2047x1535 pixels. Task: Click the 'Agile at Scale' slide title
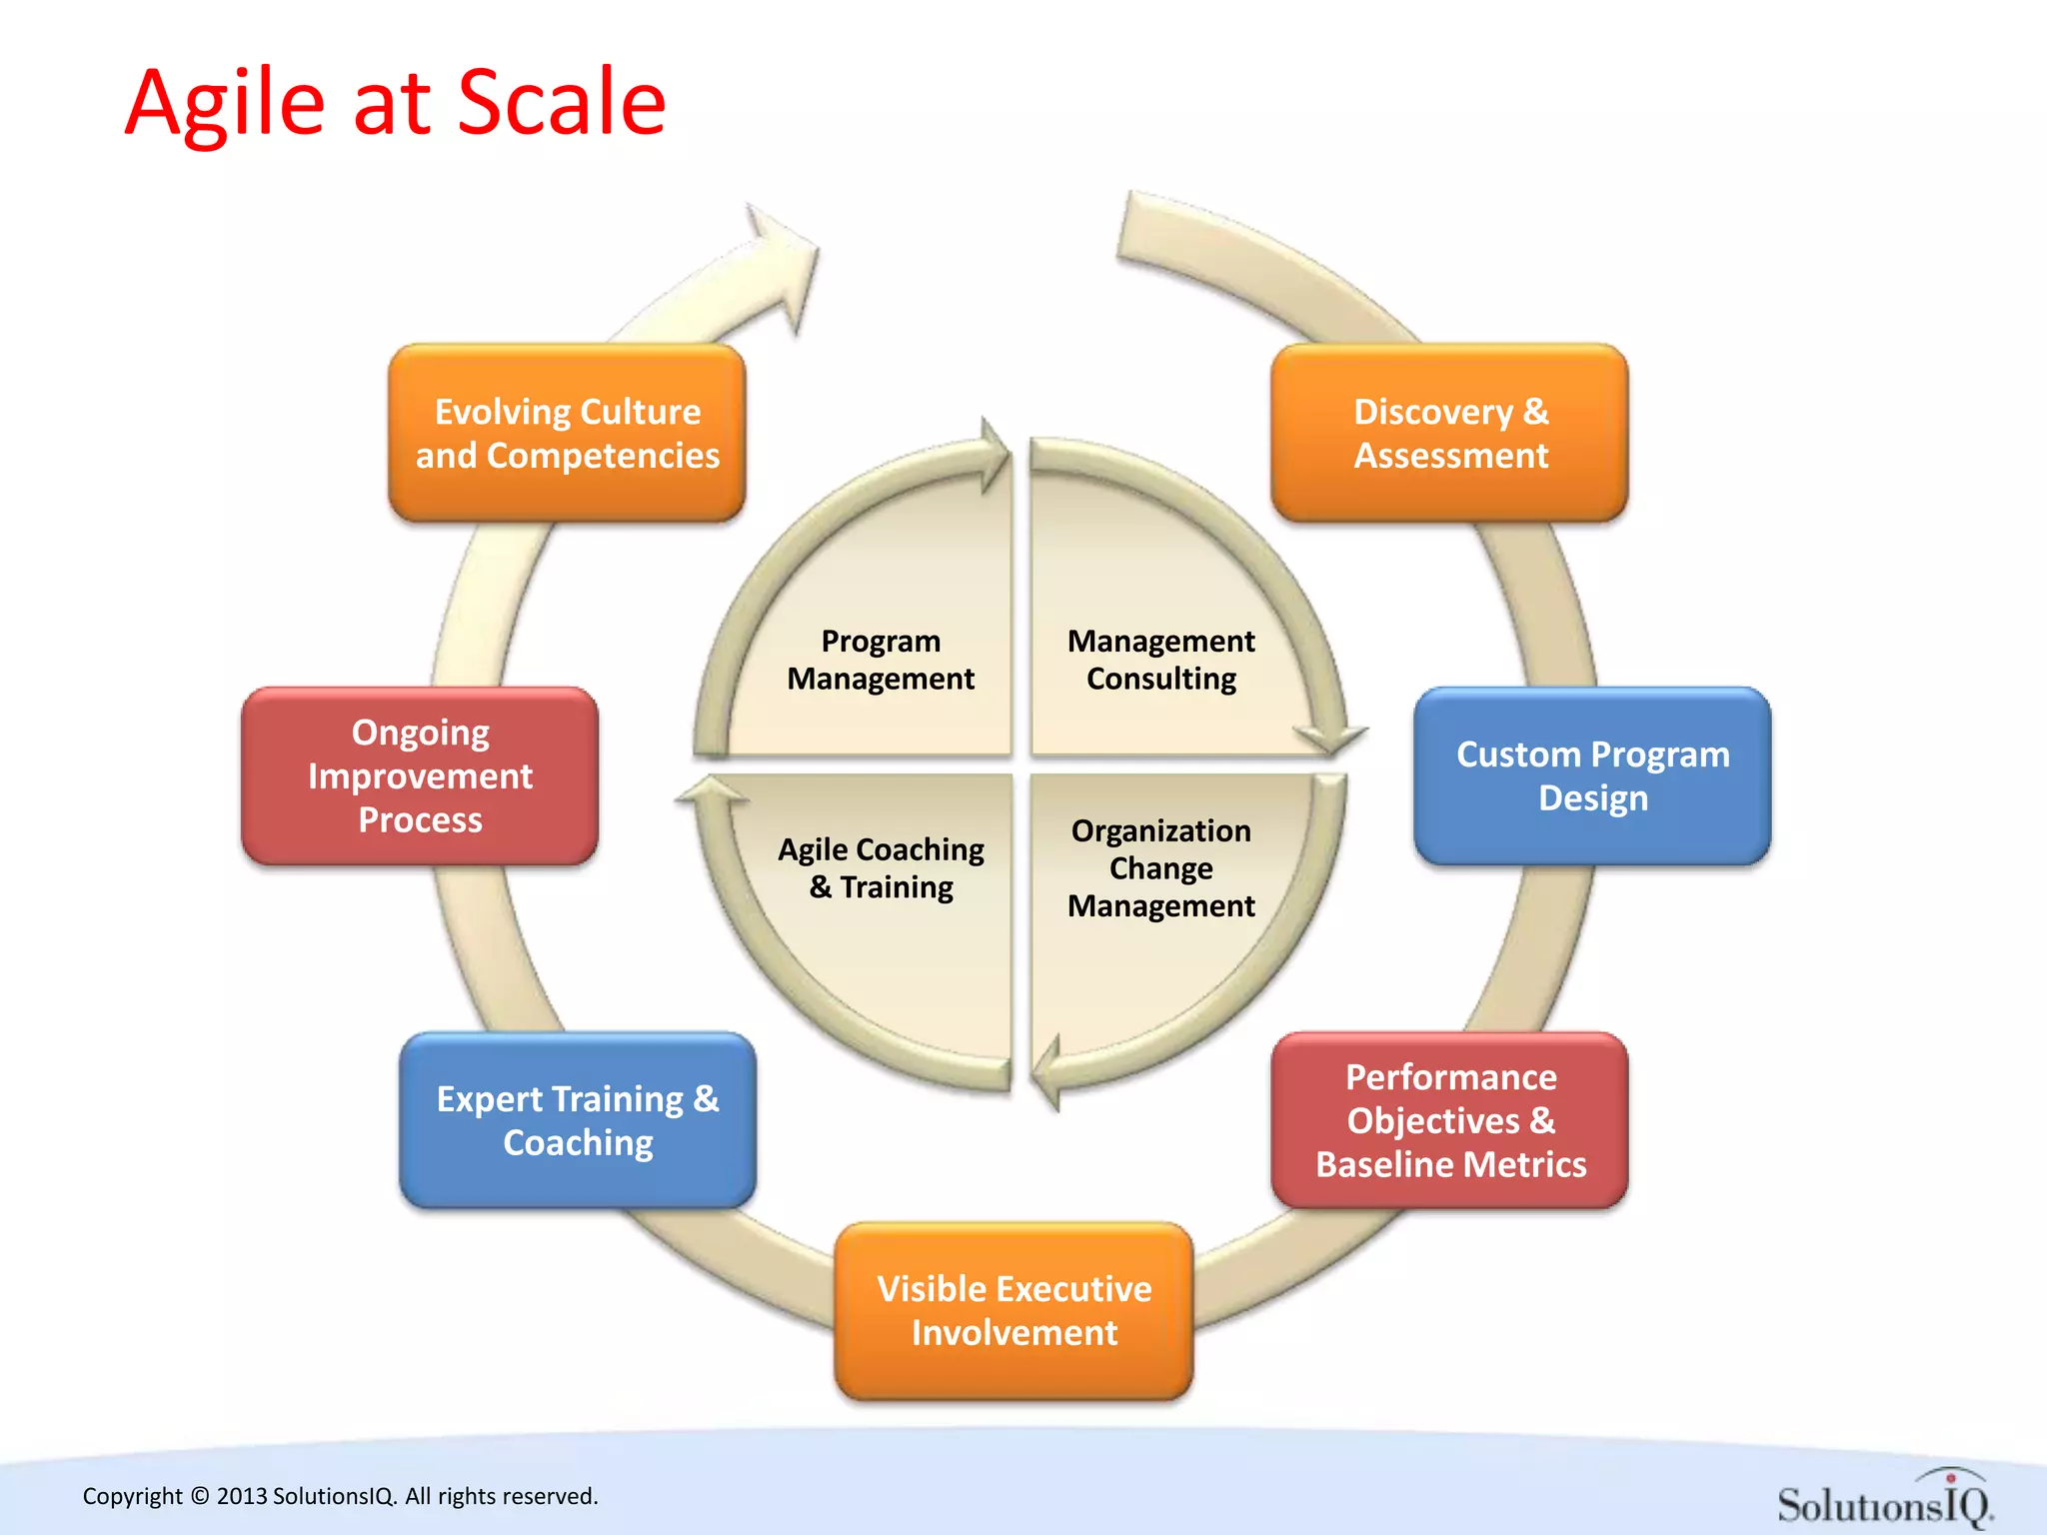coord(395,102)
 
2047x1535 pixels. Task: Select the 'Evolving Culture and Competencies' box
coord(567,433)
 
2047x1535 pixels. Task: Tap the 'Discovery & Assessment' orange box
coord(1449,433)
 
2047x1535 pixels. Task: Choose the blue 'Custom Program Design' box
coord(1592,775)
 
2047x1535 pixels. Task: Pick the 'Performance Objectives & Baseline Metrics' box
coord(1449,1120)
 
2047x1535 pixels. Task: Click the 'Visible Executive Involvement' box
coord(1014,1310)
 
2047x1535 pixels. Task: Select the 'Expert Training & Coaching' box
coord(578,1120)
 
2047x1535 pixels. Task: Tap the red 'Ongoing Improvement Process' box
coord(420,775)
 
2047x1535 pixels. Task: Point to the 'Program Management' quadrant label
coord(880,660)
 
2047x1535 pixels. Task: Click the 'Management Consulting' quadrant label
coord(1160,660)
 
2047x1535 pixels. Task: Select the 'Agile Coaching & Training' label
coord(881,867)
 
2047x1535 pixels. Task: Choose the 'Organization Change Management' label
coord(1160,867)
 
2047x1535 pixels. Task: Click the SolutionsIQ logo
coord(1884,1499)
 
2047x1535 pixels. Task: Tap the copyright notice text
coord(340,1496)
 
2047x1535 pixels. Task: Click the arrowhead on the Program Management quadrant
coord(994,456)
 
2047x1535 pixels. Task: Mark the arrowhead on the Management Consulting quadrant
coord(1330,740)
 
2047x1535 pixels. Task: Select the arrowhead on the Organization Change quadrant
coord(1047,1075)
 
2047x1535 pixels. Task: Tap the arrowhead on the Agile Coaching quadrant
coord(712,791)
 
